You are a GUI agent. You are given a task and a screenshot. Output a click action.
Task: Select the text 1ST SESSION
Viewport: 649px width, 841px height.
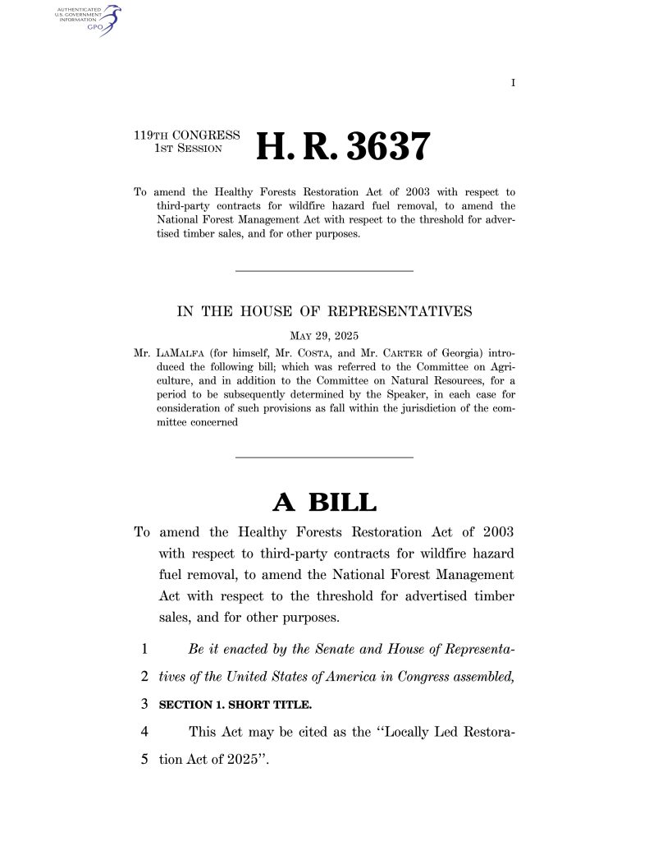pyautogui.click(x=188, y=149)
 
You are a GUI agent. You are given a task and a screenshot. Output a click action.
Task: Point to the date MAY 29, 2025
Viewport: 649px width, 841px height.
pyautogui.click(x=324, y=335)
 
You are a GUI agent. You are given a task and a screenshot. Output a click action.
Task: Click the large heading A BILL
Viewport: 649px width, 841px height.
pyautogui.click(x=324, y=502)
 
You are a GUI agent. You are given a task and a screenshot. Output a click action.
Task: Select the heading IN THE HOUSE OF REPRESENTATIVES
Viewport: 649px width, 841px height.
pyautogui.click(x=324, y=311)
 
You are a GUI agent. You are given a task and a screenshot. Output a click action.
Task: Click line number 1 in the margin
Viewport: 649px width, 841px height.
pyautogui.click(x=144, y=650)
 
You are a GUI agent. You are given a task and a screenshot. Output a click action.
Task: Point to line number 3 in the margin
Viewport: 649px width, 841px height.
pyautogui.click(x=144, y=705)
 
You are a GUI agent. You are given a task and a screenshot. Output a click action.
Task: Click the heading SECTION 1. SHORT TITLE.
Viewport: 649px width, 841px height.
pyautogui.click(x=235, y=705)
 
